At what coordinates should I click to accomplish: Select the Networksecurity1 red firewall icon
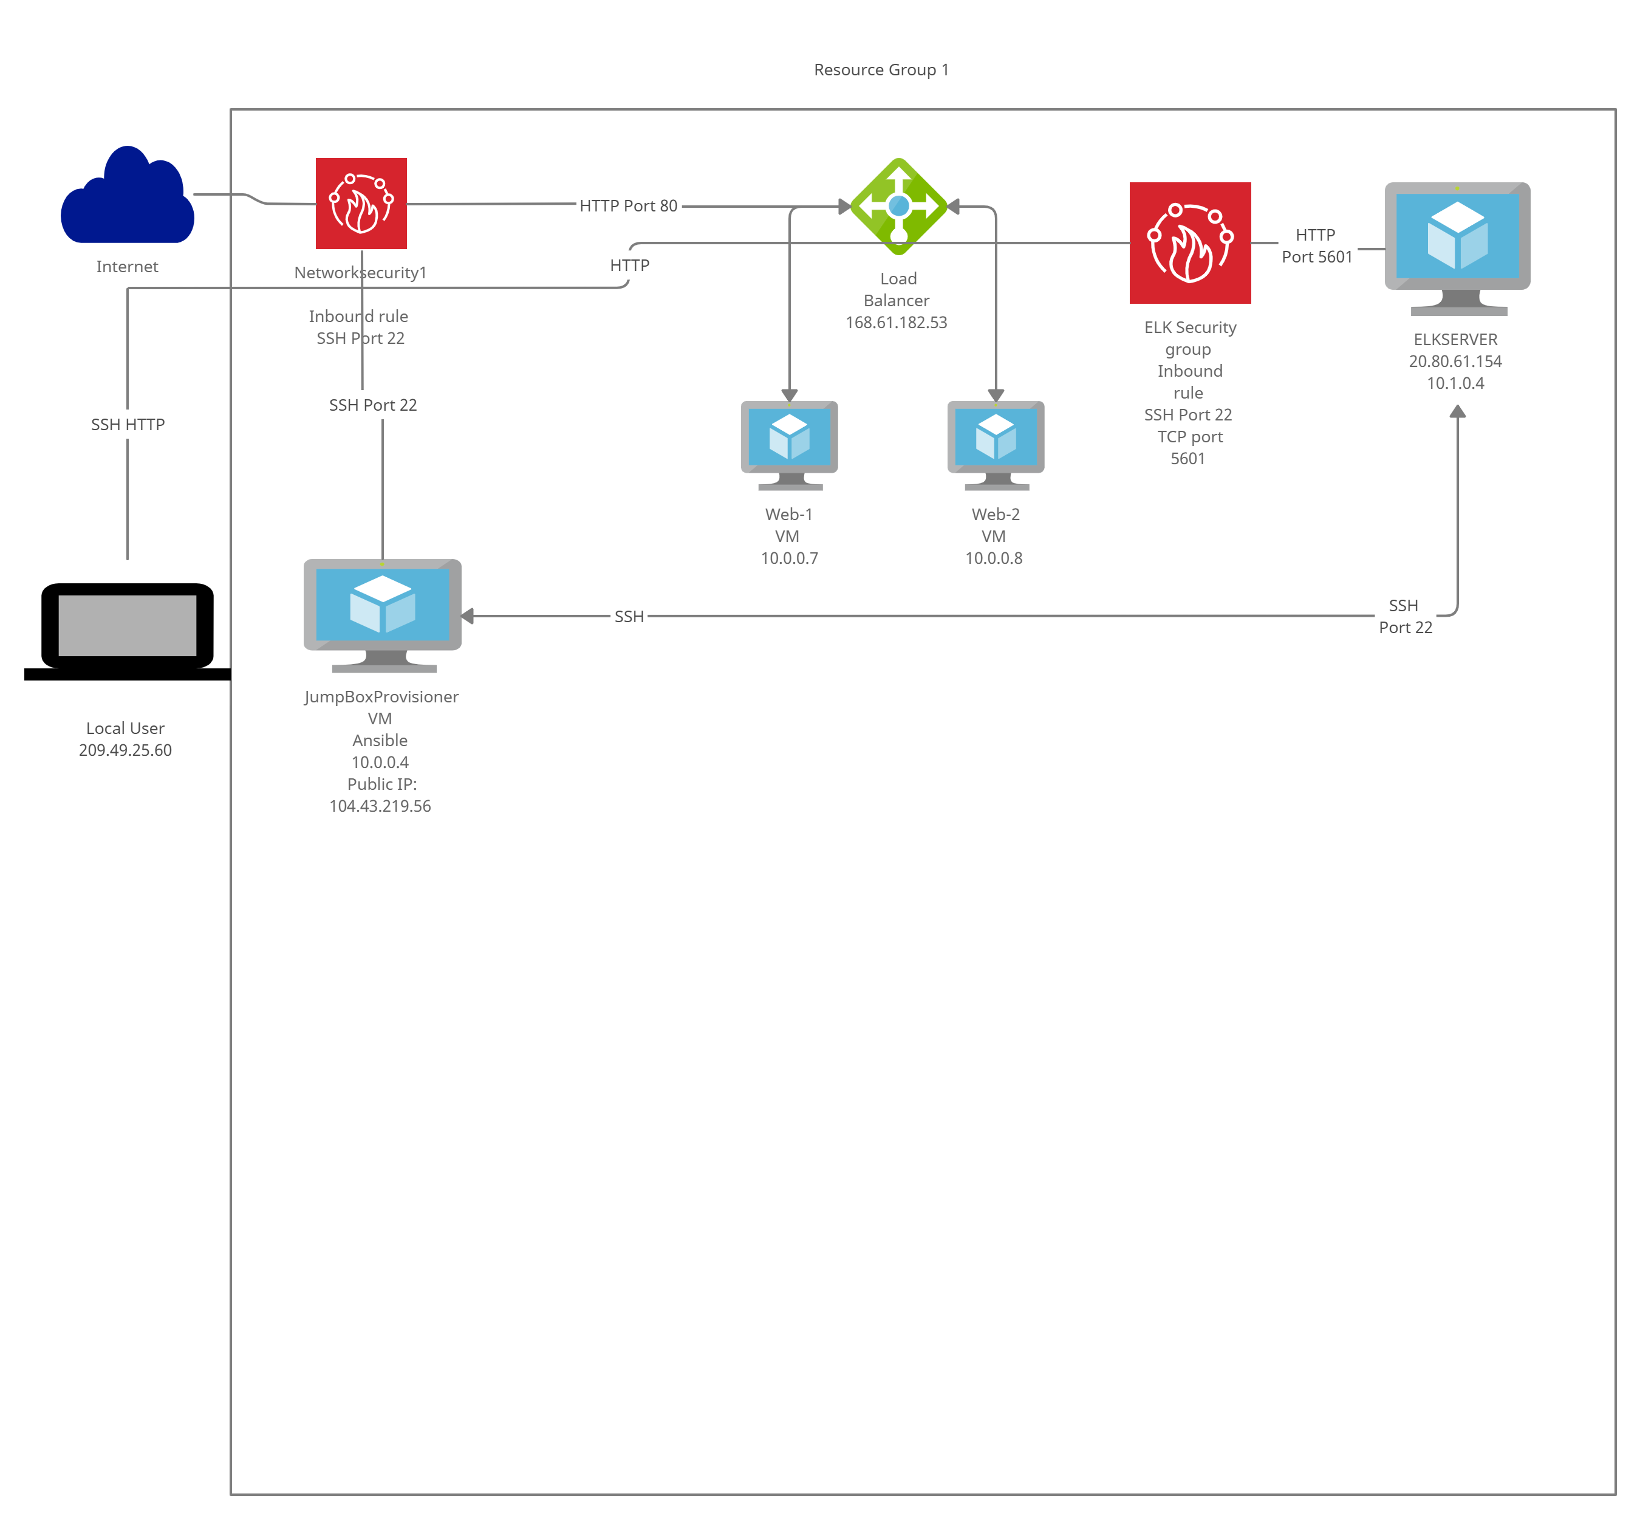coord(361,203)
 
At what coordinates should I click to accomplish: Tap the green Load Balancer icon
coord(899,207)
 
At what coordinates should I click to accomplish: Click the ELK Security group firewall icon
coord(1191,243)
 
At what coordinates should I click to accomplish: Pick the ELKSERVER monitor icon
coord(1458,249)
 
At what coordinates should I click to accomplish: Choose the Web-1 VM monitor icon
coord(790,445)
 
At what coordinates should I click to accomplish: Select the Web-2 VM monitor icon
coord(996,445)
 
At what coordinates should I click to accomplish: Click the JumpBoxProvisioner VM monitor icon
coord(383,615)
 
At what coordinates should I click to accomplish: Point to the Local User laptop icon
coord(128,631)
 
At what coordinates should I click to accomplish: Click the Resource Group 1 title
coord(881,70)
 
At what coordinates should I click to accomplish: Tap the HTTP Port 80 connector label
coord(629,205)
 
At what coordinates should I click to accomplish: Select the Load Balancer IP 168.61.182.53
coord(897,322)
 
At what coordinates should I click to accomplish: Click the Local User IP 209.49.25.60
coord(126,750)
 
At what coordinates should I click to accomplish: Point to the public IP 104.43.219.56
coord(380,806)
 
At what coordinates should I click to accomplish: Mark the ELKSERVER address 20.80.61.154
coord(1455,361)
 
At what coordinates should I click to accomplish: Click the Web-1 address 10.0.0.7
coord(790,558)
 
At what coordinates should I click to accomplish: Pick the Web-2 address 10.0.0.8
coord(994,558)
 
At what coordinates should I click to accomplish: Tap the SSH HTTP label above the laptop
coord(128,424)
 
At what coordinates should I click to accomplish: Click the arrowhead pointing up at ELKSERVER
coord(1458,411)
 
